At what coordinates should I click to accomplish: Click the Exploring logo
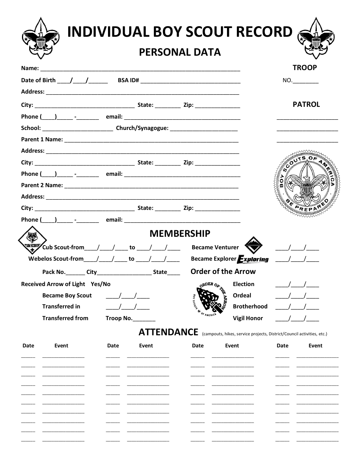pos(253,259)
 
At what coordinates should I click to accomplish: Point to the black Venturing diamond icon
pos(253,246)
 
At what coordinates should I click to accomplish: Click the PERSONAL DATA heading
pos(180,52)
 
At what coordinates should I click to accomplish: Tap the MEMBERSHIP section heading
pos(180,233)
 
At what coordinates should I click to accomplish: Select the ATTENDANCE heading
pos(168,332)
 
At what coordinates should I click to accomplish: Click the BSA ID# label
pos(128,80)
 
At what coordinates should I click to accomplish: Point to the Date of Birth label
pos(38,80)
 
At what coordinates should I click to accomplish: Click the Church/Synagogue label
pos(142,128)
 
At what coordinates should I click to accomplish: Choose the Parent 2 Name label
pos(42,185)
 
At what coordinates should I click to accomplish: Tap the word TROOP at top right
pos(305,68)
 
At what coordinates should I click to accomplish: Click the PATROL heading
pos(306,105)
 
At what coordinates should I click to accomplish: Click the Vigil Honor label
pos(248,318)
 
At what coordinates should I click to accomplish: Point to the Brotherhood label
pos(250,306)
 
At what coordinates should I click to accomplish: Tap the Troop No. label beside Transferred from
pos(119,318)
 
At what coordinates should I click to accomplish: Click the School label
pos(31,128)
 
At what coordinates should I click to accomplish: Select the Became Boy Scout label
pos(67,296)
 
